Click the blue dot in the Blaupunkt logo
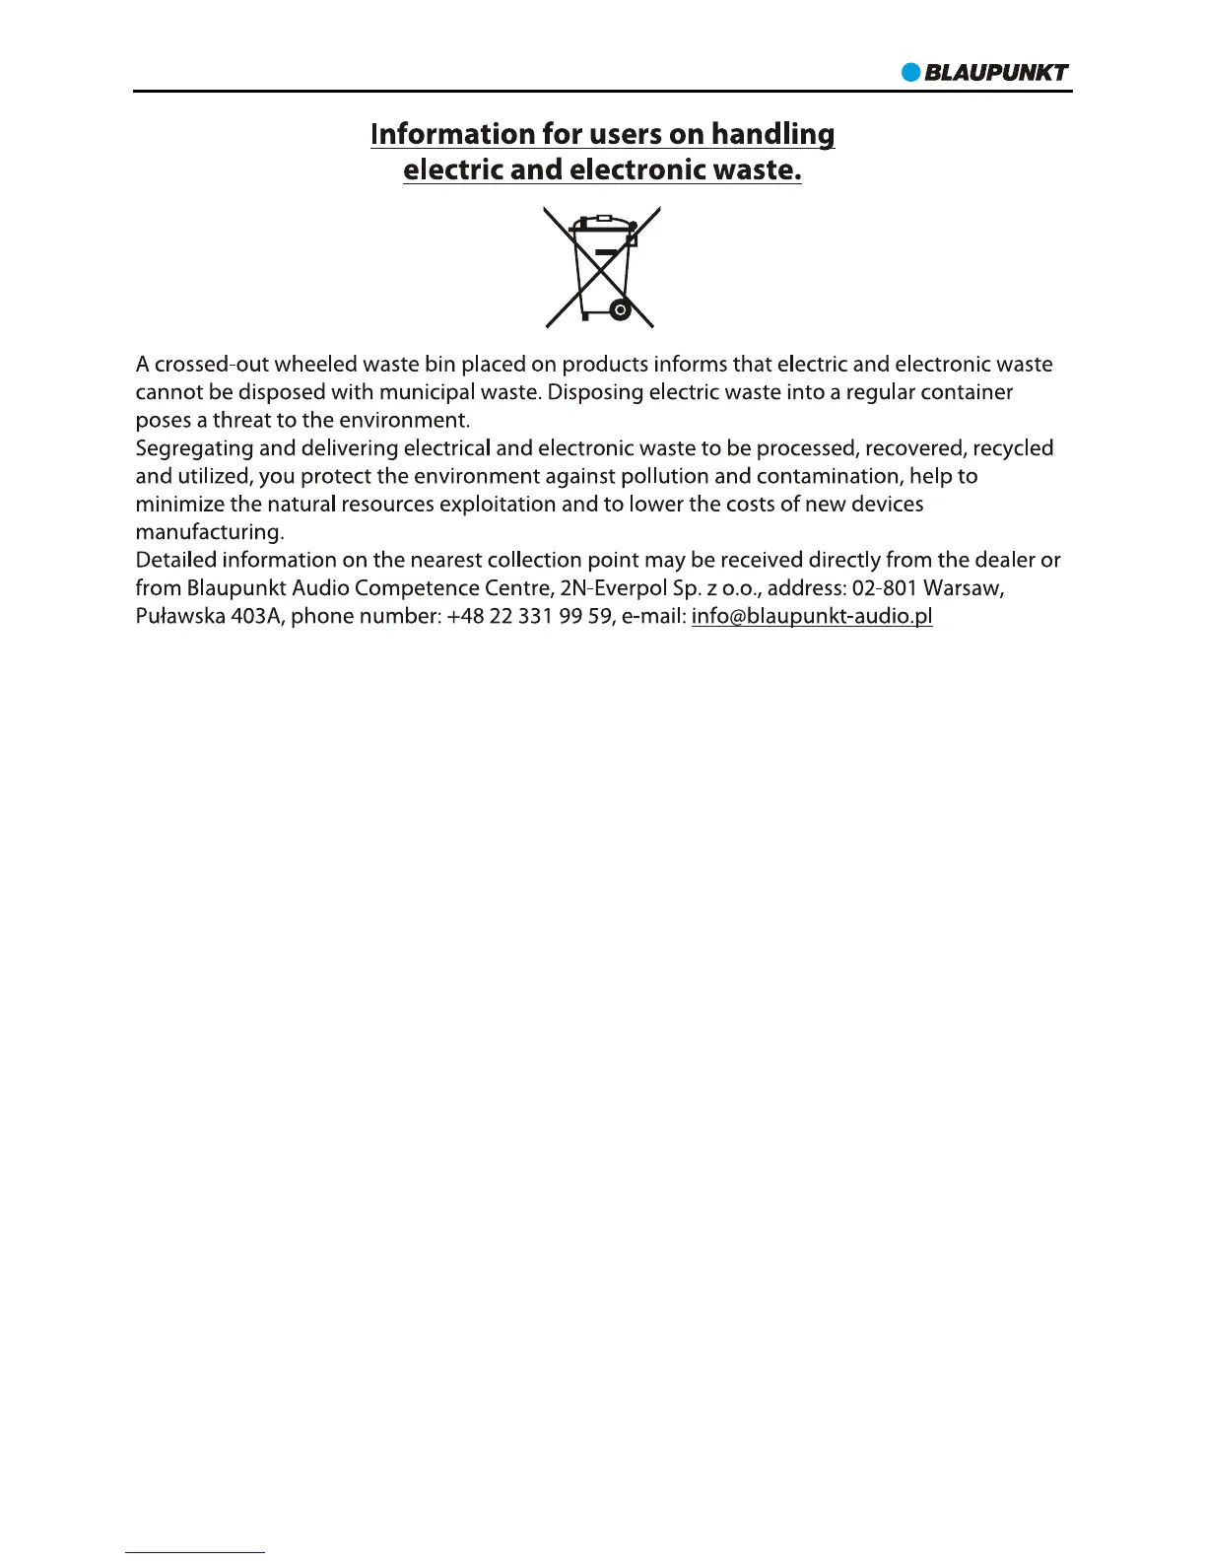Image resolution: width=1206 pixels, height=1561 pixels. pos(911,72)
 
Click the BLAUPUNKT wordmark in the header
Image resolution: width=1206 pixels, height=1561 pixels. pos(996,72)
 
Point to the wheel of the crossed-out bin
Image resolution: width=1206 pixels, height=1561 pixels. pos(620,310)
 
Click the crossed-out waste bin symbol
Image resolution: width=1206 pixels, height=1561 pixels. pos(602,267)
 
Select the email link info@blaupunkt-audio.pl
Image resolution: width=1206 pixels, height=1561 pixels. pos(812,617)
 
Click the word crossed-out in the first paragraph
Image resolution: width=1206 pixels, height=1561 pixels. pos(211,365)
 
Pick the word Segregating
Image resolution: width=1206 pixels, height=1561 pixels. pos(194,448)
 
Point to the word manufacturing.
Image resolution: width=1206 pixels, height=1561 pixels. pos(209,532)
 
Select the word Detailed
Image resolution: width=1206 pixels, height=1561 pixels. pos(176,560)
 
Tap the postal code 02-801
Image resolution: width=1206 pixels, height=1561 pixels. pos(884,588)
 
